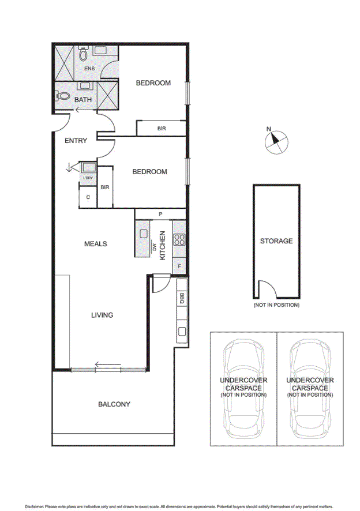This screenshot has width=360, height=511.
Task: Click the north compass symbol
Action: point(276,141)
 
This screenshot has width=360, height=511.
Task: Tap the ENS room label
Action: point(89,69)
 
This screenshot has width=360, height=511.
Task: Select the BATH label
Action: point(83,100)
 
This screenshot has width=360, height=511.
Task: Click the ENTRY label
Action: point(76,140)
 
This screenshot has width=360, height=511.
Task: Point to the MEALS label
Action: point(95,244)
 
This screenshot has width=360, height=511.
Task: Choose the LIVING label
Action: point(102,315)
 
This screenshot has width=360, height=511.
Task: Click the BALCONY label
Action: point(114,404)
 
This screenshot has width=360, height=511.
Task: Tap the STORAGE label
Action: point(276,241)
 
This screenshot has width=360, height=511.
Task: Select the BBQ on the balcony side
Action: point(181,299)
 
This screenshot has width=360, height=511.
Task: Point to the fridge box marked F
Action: point(179,266)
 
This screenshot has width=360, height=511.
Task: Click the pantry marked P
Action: point(160,214)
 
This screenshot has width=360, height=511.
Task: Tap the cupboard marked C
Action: point(88,197)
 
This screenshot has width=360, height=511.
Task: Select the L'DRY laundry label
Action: point(88,178)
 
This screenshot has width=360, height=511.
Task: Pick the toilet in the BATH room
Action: point(62,96)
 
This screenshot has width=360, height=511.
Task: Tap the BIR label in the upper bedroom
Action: point(162,129)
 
